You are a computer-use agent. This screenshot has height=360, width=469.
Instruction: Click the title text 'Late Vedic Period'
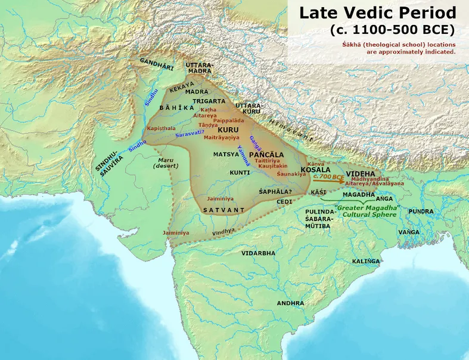pyautogui.click(x=377, y=13)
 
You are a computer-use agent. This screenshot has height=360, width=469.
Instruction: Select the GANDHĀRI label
pyautogui.click(x=157, y=64)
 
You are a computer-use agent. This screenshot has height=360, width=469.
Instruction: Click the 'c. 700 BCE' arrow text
pyautogui.click(x=329, y=177)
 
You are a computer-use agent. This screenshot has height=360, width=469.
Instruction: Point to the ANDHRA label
pyautogui.click(x=290, y=303)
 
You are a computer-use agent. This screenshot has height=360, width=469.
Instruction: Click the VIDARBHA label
pyautogui.click(x=258, y=253)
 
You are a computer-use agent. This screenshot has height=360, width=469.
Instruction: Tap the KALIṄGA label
pyautogui.click(x=366, y=261)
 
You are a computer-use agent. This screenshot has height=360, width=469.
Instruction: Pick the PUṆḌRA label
pyautogui.click(x=421, y=211)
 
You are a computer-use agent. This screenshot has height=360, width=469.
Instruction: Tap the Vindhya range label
pyautogui.click(x=225, y=229)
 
